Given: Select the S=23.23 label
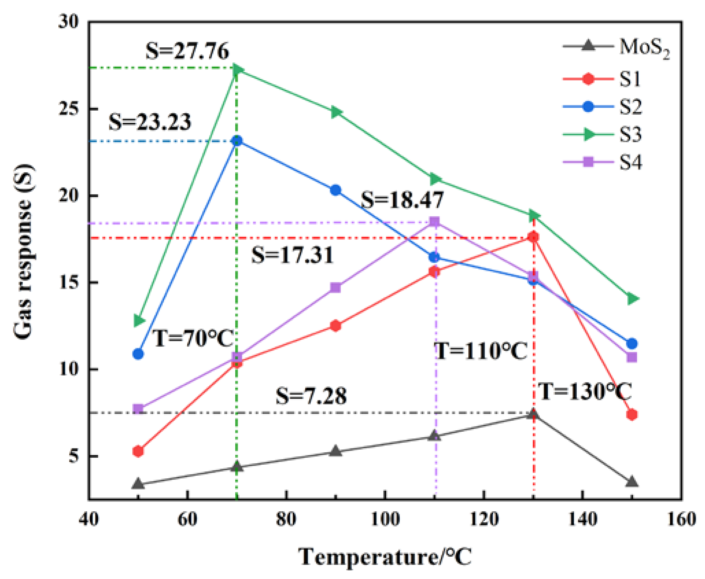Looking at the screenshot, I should point(150,122).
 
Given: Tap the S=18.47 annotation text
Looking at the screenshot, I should point(402,200).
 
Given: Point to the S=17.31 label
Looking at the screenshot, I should point(292,255).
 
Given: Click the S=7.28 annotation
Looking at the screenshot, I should point(311,396).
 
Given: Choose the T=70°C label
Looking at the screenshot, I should point(193,338).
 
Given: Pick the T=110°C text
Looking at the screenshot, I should point(481,351).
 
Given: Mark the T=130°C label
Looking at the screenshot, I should point(584,391).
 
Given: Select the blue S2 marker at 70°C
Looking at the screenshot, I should point(237,140).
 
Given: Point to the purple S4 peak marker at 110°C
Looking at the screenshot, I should point(435,222).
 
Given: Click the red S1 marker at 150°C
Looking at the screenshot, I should point(632,415).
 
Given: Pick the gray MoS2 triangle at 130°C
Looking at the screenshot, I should point(533,414).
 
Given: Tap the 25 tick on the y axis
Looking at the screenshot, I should point(68,109).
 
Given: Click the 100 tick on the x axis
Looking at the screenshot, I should point(385,519).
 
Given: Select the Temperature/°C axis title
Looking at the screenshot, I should point(385,557).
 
